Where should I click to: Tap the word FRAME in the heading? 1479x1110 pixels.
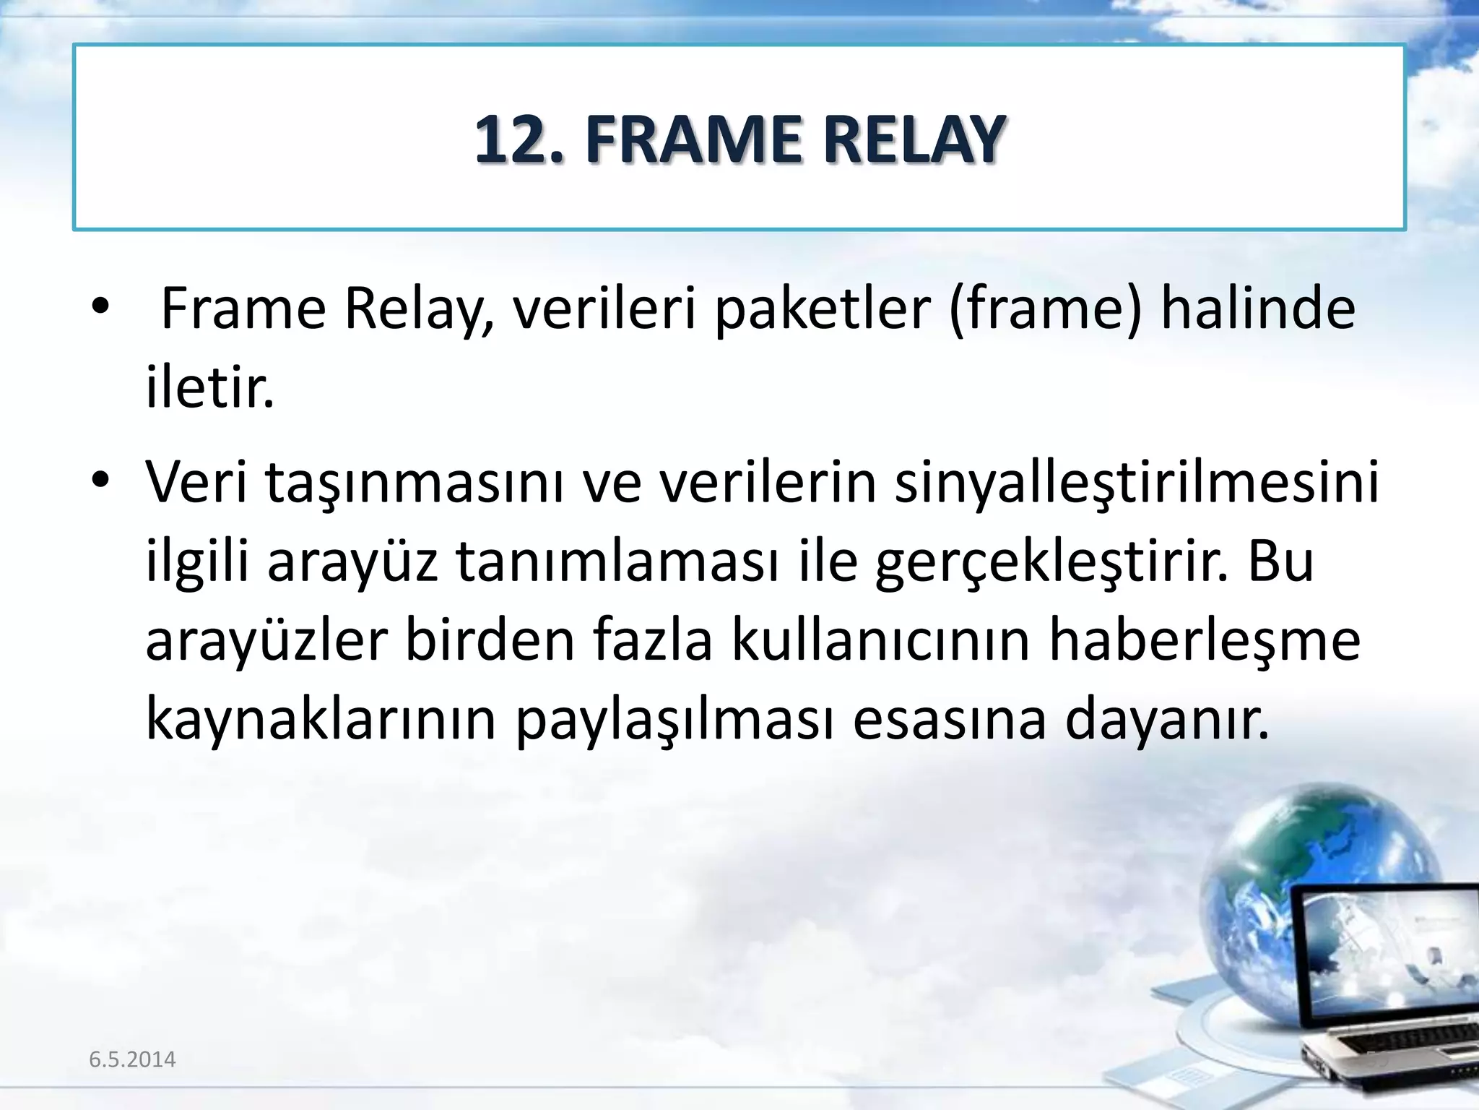(x=693, y=139)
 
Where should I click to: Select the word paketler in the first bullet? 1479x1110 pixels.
(x=823, y=309)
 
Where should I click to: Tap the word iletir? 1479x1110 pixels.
(x=210, y=389)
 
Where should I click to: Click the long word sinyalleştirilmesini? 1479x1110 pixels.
(x=1137, y=483)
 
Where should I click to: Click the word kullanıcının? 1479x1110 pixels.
(x=880, y=642)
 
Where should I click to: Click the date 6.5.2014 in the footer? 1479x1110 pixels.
(x=132, y=1059)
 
